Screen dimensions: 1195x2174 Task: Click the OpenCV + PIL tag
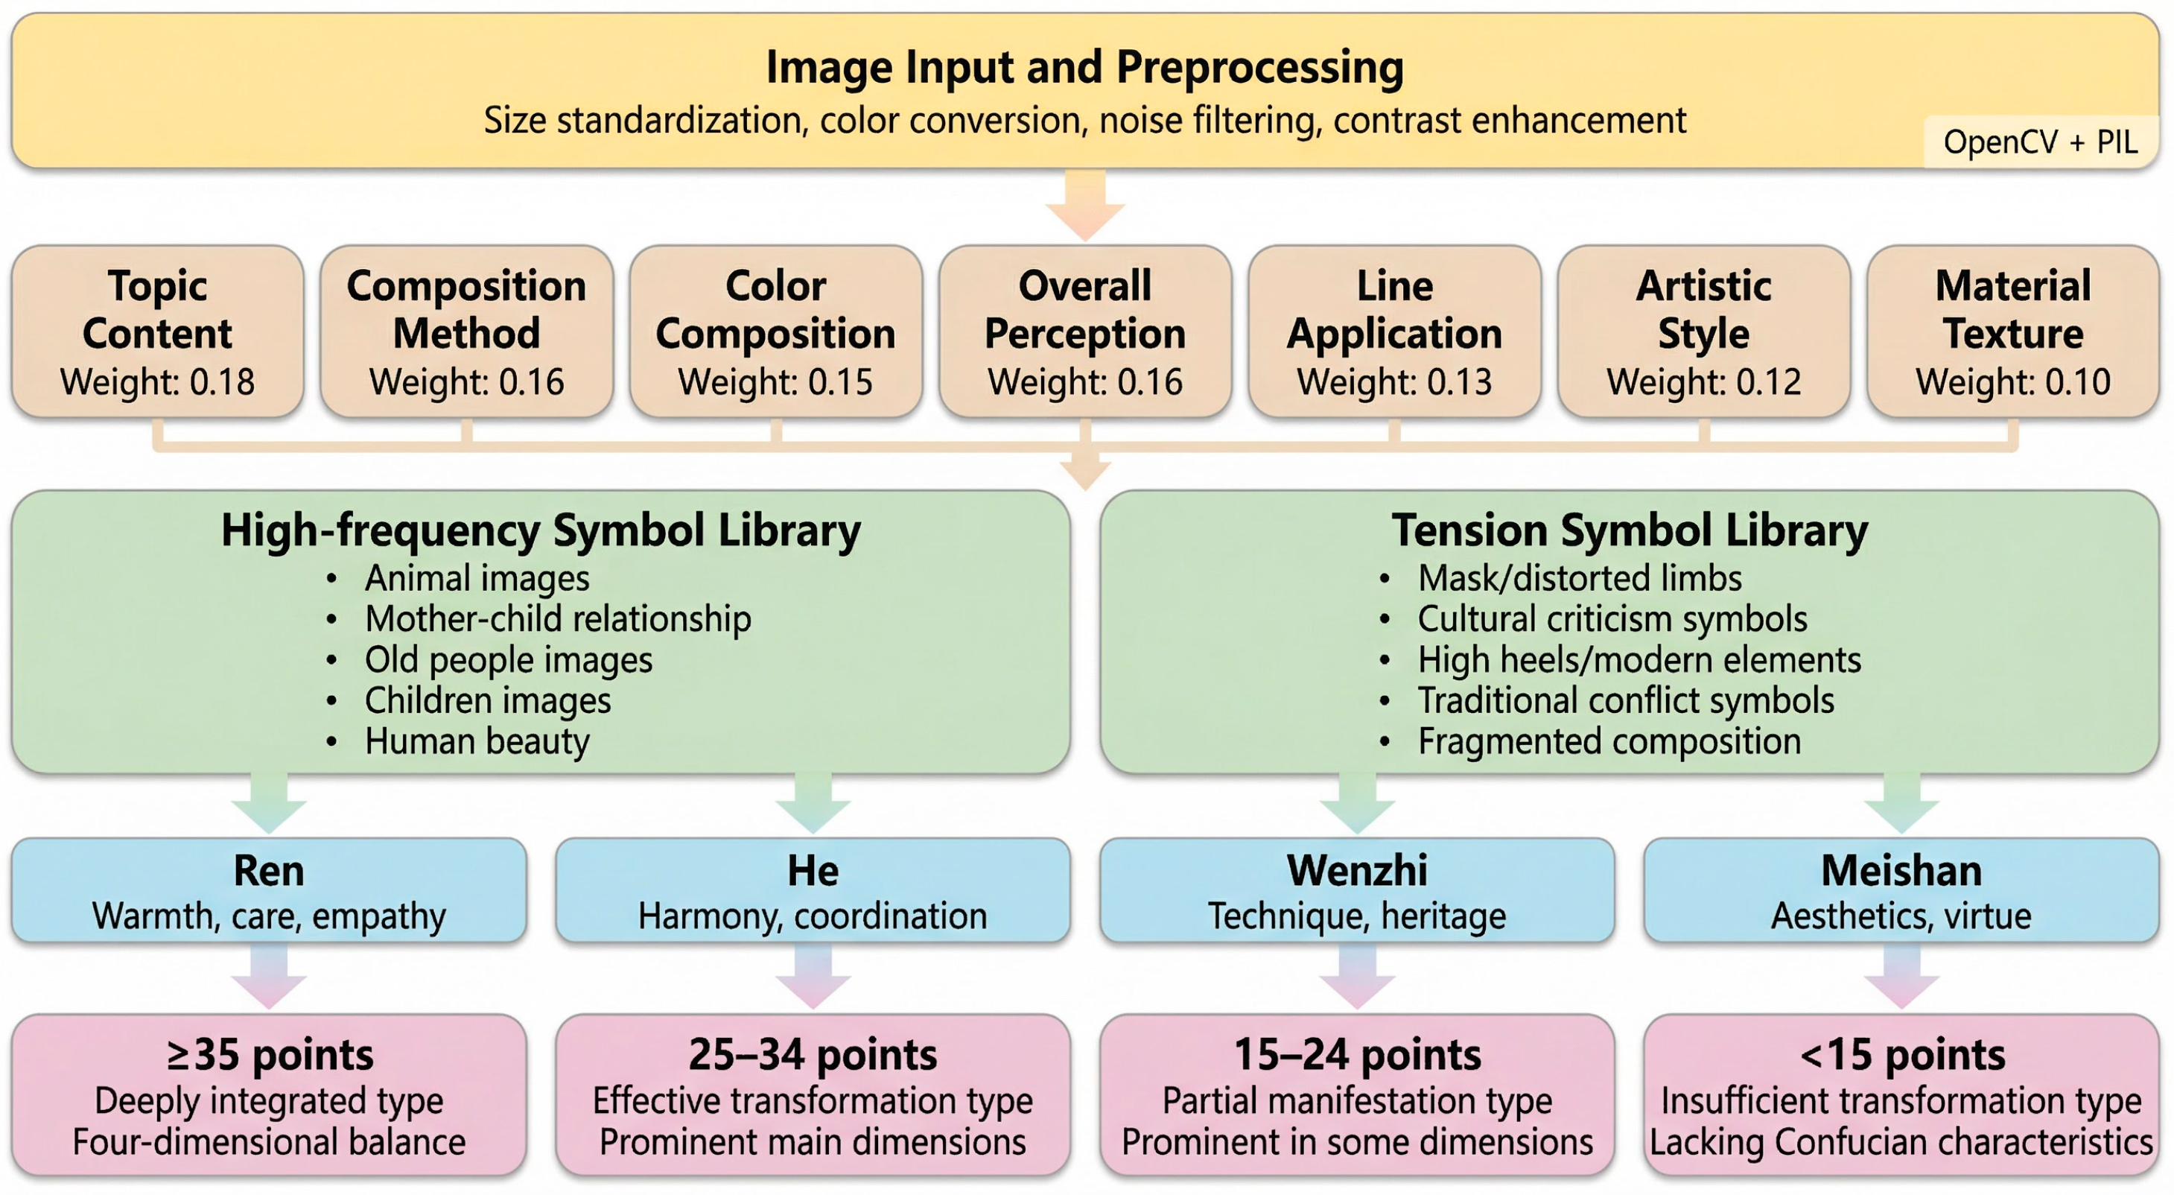click(x=2040, y=142)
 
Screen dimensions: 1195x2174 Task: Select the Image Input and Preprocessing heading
click(x=1084, y=68)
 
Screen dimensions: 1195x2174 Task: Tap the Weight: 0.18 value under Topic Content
click(x=157, y=382)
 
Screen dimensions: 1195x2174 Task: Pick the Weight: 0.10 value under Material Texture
click(x=2013, y=382)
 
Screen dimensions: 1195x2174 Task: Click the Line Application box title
click(x=1394, y=310)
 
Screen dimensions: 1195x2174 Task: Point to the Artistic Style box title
click(x=1703, y=310)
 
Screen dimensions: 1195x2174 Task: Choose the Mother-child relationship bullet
click(x=557, y=618)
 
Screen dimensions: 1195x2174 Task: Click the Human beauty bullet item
click(x=477, y=741)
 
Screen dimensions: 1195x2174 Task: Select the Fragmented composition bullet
click(x=1609, y=741)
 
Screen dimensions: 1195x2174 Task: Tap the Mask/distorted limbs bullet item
click(x=1579, y=578)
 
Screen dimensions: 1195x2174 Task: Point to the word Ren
click(x=268, y=870)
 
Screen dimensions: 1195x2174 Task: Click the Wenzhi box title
click(x=1357, y=870)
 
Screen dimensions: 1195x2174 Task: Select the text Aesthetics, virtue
click(x=1901, y=916)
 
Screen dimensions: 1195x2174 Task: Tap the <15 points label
click(x=1902, y=1054)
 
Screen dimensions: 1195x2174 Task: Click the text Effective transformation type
click(x=812, y=1100)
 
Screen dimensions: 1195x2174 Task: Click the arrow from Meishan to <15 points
click(x=1901, y=977)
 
